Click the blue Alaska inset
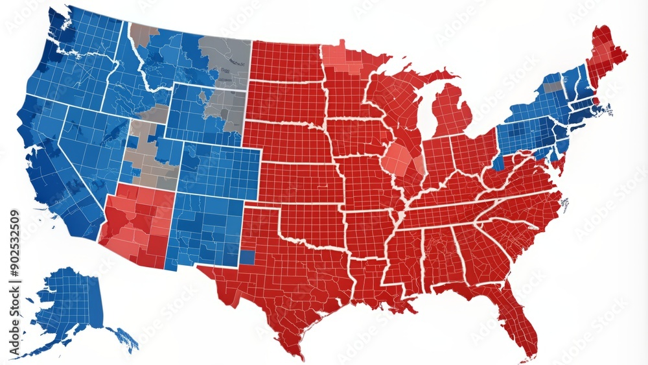point(71,305)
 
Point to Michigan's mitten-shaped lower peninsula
point(451,110)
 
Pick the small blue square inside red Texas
point(247,257)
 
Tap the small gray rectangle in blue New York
point(552,86)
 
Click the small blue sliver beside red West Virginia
point(498,162)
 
